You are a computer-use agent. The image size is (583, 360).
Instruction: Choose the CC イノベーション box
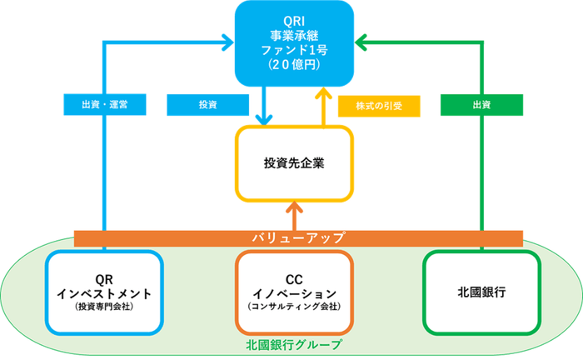(293, 292)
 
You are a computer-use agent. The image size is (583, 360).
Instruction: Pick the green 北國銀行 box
(482, 292)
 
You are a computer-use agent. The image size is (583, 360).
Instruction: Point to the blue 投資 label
(207, 105)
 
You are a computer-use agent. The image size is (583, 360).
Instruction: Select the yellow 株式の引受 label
(378, 105)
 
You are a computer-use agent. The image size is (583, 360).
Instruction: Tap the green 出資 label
(481, 105)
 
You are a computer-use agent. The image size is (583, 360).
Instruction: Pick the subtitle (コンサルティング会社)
(293, 307)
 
